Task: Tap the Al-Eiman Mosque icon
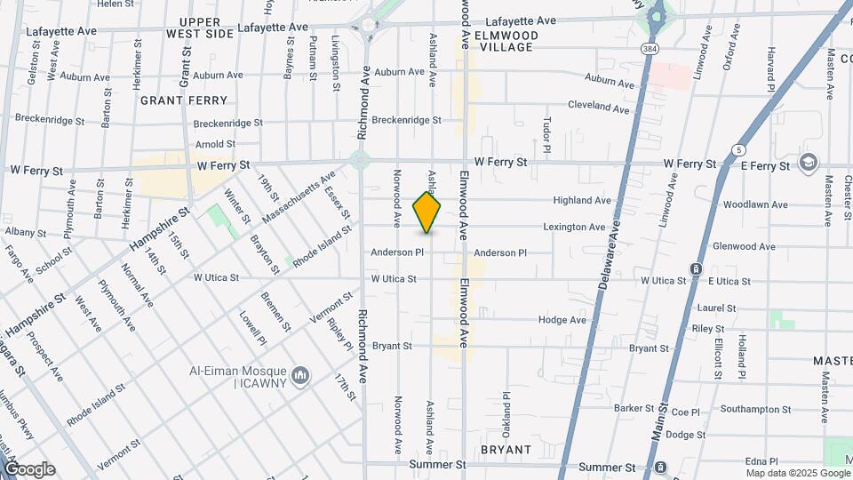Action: tap(301, 377)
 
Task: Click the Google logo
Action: tap(28, 468)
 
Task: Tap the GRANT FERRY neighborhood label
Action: tap(184, 100)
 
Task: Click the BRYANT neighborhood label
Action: tap(506, 450)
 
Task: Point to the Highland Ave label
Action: tap(582, 201)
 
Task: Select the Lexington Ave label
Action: tap(574, 228)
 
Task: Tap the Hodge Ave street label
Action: tap(562, 320)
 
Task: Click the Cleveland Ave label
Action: tap(598, 107)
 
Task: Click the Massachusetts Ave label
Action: tap(299, 196)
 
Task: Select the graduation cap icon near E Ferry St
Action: tap(809, 164)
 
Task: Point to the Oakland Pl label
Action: tap(506, 408)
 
